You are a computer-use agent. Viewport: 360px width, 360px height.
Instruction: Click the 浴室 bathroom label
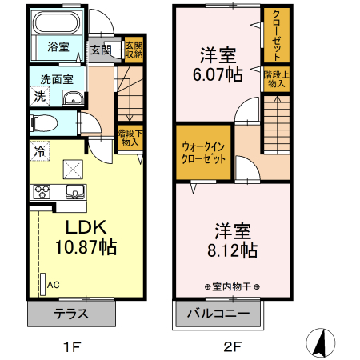click(57, 46)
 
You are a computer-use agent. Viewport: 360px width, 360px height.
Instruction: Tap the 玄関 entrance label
click(100, 50)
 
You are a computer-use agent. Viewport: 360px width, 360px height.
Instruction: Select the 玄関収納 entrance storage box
click(133, 49)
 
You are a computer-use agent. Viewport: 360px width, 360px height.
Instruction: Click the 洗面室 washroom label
click(57, 80)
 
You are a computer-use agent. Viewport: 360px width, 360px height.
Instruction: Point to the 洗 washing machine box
click(39, 97)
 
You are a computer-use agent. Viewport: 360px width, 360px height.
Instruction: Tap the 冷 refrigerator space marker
click(38, 149)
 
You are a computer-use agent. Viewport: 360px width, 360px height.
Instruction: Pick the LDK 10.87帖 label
click(83, 237)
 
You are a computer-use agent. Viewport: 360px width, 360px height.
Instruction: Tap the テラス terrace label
click(71, 313)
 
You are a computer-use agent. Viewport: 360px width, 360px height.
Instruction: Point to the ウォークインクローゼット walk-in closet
click(203, 151)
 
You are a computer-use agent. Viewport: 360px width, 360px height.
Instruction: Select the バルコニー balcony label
click(214, 313)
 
